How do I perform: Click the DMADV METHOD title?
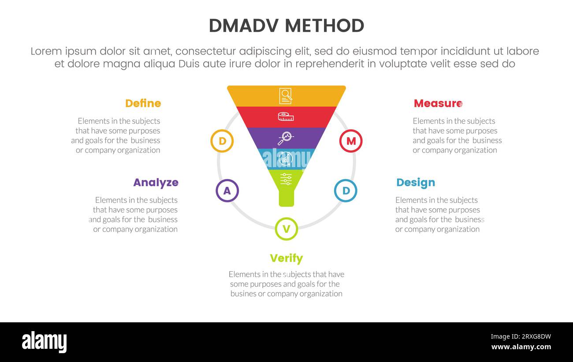tap(286, 26)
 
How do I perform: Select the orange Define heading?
tap(143, 104)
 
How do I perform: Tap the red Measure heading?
tap(437, 104)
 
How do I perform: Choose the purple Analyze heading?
tap(156, 183)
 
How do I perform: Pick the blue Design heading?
tap(415, 183)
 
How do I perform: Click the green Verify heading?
tap(286, 258)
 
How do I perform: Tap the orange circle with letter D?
tap(222, 141)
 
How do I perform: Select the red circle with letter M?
tap(351, 141)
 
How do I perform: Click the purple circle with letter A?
tap(227, 191)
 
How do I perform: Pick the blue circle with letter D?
tap(346, 191)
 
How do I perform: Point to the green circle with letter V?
tap(286, 229)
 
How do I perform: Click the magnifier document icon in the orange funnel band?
tap(286, 96)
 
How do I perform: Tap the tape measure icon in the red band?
tap(286, 117)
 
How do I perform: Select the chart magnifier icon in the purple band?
tap(286, 138)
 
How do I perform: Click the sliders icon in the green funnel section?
tap(286, 179)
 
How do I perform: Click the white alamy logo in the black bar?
tap(44, 342)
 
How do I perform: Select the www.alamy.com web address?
tap(521, 347)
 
